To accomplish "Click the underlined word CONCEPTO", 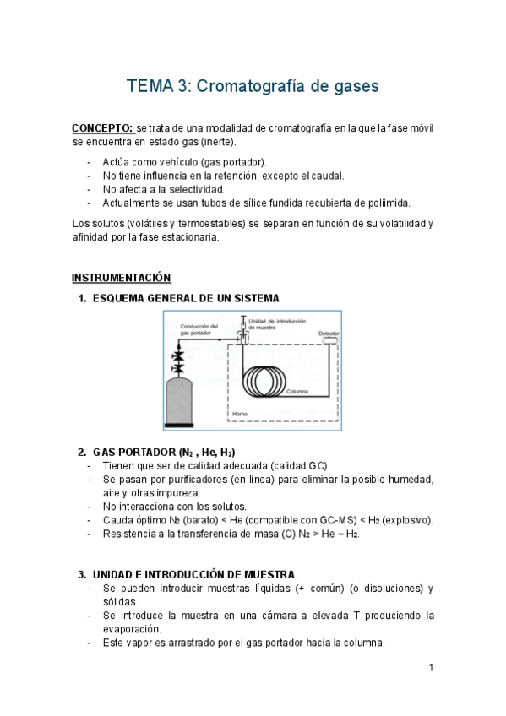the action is click(101, 128).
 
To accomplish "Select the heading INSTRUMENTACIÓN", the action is click(121, 278).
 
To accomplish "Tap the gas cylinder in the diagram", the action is click(178, 402).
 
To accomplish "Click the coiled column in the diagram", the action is click(264, 380).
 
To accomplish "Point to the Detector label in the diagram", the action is click(329, 334).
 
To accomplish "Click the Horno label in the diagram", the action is click(240, 414).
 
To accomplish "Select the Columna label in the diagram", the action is click(297, 391).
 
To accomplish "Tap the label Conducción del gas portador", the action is click(199, 329).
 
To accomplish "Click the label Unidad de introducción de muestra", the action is click(277, 324).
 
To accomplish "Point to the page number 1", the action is click(431, 668).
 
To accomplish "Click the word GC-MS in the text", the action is click(338, 520).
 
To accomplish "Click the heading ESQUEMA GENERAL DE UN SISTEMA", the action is click(186, 298).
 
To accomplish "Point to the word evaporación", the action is click(132, 629).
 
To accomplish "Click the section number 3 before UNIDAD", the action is click(82, 574).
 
